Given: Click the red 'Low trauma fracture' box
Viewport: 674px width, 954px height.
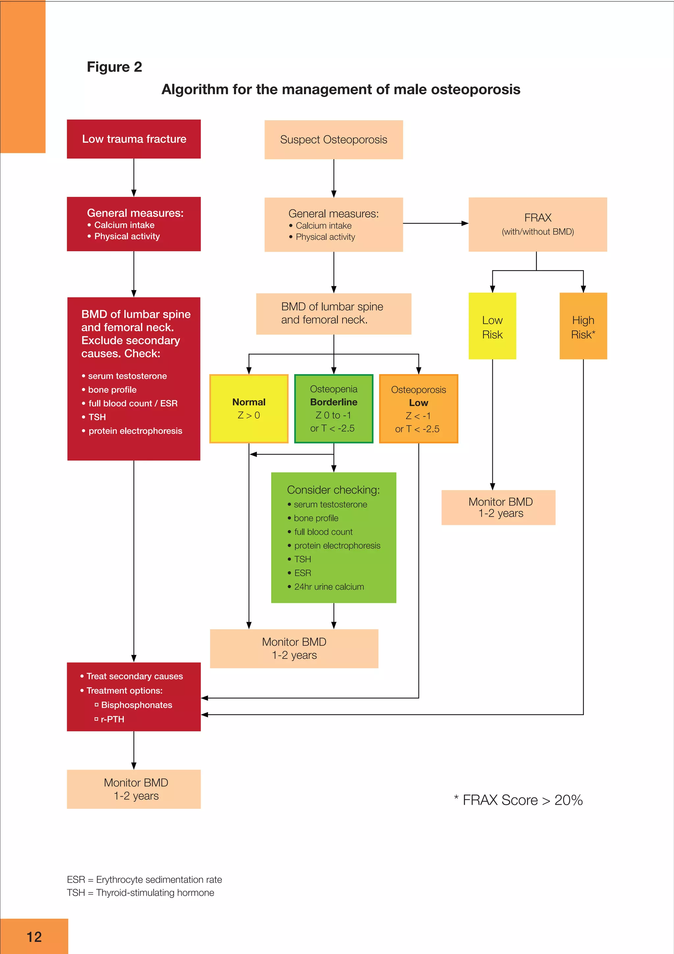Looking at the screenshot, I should (134, 139).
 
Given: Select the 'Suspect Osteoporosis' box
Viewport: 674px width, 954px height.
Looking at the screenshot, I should (333, 140).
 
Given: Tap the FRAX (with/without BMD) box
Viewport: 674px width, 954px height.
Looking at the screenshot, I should (537, 224).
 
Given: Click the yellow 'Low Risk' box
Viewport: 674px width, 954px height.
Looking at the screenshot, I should (492, 326).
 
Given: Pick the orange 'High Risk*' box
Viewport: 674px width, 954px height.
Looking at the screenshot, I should (583, 326).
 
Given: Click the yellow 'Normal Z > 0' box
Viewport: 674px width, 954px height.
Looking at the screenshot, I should (249, 408).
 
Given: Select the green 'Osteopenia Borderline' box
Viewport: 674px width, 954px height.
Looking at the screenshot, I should (333, 408).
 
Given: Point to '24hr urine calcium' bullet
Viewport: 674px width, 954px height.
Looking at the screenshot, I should (329, 587).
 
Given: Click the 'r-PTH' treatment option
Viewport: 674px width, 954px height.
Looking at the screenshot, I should (112, 719).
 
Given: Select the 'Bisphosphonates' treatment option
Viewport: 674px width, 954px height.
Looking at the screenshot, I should (136, 705).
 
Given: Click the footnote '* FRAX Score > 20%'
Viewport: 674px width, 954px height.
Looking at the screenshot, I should (518, 800).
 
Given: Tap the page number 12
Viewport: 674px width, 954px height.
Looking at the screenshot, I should (34, 937).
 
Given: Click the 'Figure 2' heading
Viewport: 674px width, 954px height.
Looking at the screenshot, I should (114, 67).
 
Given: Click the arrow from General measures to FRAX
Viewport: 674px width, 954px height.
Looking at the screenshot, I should (435, 223).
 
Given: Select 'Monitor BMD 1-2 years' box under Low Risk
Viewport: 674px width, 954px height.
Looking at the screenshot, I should (498, 507).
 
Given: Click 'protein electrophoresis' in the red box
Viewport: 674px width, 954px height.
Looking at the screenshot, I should (135, 431).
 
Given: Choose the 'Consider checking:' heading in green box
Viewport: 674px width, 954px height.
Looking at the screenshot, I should (333, 490).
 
